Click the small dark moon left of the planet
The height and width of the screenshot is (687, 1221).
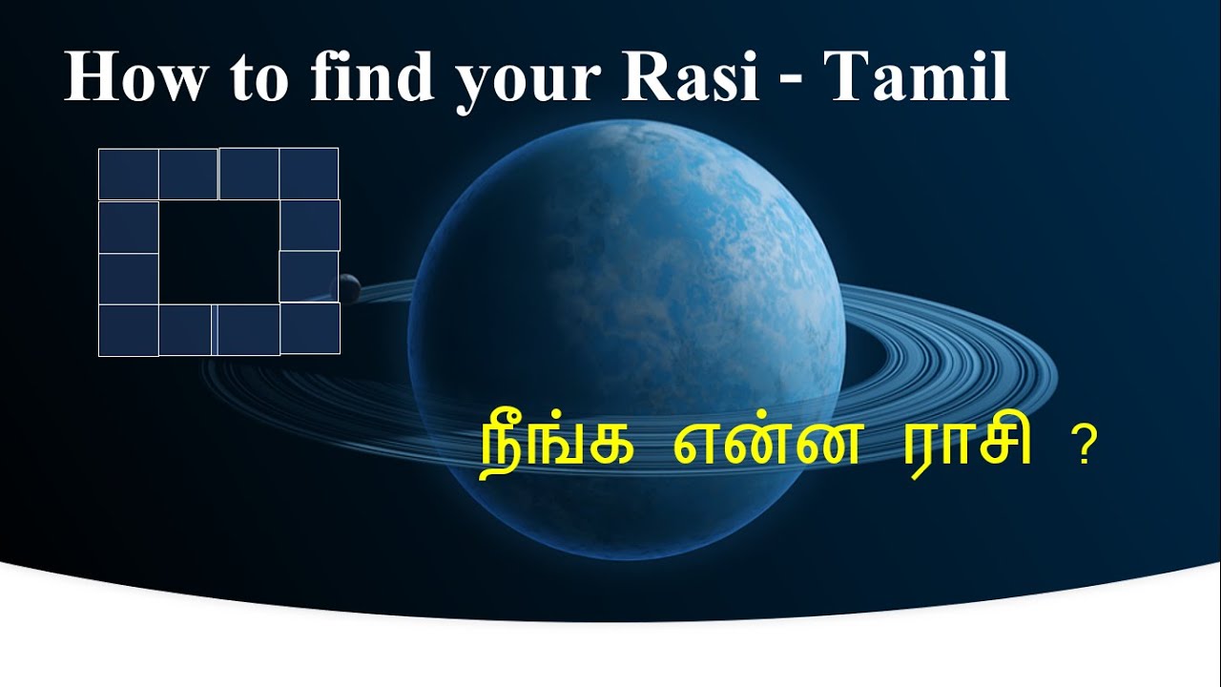coord(346,284)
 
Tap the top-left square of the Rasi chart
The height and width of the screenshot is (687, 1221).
coord(129,175)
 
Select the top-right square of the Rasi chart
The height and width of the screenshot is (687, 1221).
coord(309,175)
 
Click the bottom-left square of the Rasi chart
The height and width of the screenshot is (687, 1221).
coord(129,330)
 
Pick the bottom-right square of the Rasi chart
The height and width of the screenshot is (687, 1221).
coord(310,328)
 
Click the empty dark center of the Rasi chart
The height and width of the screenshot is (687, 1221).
coord(218,252)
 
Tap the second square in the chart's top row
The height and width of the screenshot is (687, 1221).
coord(189,175)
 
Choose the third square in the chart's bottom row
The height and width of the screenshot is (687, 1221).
coord(248,330)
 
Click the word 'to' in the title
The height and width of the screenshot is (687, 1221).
coord(259,78)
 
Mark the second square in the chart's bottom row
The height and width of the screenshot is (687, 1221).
coord(186,330)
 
